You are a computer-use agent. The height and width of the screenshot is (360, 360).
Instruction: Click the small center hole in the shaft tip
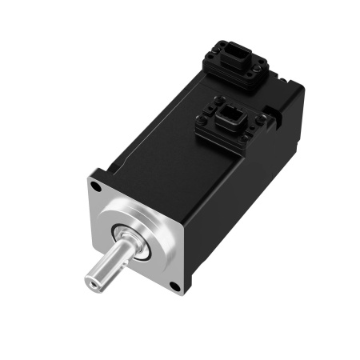pyautogui.click(x=93, y=282)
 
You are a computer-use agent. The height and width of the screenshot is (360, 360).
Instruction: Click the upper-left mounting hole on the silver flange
pyautogui.click(x=96, y=188)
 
